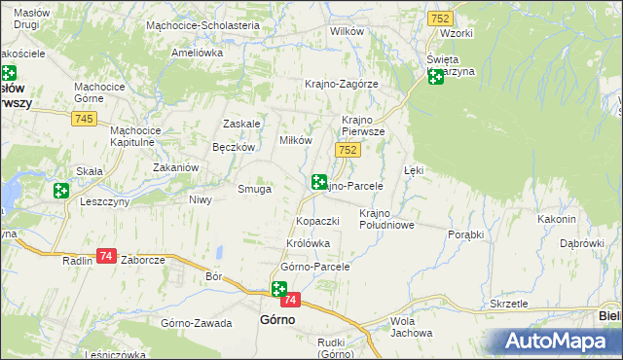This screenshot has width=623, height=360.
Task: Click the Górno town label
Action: [x=277, y=318]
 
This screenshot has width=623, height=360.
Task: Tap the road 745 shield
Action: [x=83, y=118]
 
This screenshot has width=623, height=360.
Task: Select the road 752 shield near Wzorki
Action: [x=438, y=18]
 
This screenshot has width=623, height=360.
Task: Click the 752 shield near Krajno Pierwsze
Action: [x=348, y=149]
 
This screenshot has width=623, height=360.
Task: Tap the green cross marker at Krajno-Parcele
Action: [x=318, y=182]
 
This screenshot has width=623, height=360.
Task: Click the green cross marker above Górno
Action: [x=279, y=289]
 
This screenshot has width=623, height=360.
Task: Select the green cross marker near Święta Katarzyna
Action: [x=435, y=77]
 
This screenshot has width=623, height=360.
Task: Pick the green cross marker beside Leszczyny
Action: [x=61, y=191]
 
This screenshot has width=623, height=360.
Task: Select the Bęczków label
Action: [x=233, y=147]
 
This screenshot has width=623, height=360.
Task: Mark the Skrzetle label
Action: [x=509, y=304]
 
